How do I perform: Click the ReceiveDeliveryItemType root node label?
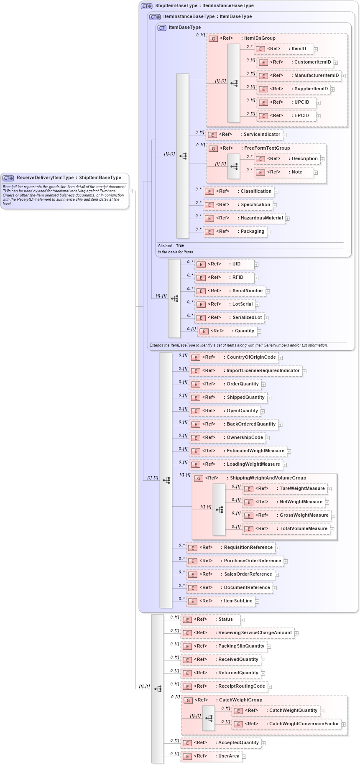coord(69,178)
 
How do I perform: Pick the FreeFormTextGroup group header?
coord(267,148)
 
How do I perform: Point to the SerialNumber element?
coord(232,291)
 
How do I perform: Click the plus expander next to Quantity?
coord(259,331)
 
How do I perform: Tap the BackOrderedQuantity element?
coord(236,424)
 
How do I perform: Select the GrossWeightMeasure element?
coord(289,515)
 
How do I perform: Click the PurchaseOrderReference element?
coord(236,561)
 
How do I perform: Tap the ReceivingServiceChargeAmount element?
coord(238,633)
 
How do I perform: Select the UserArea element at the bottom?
coord(212,756)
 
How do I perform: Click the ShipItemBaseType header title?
coord(204,6)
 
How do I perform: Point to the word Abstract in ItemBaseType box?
coord(165,246)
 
